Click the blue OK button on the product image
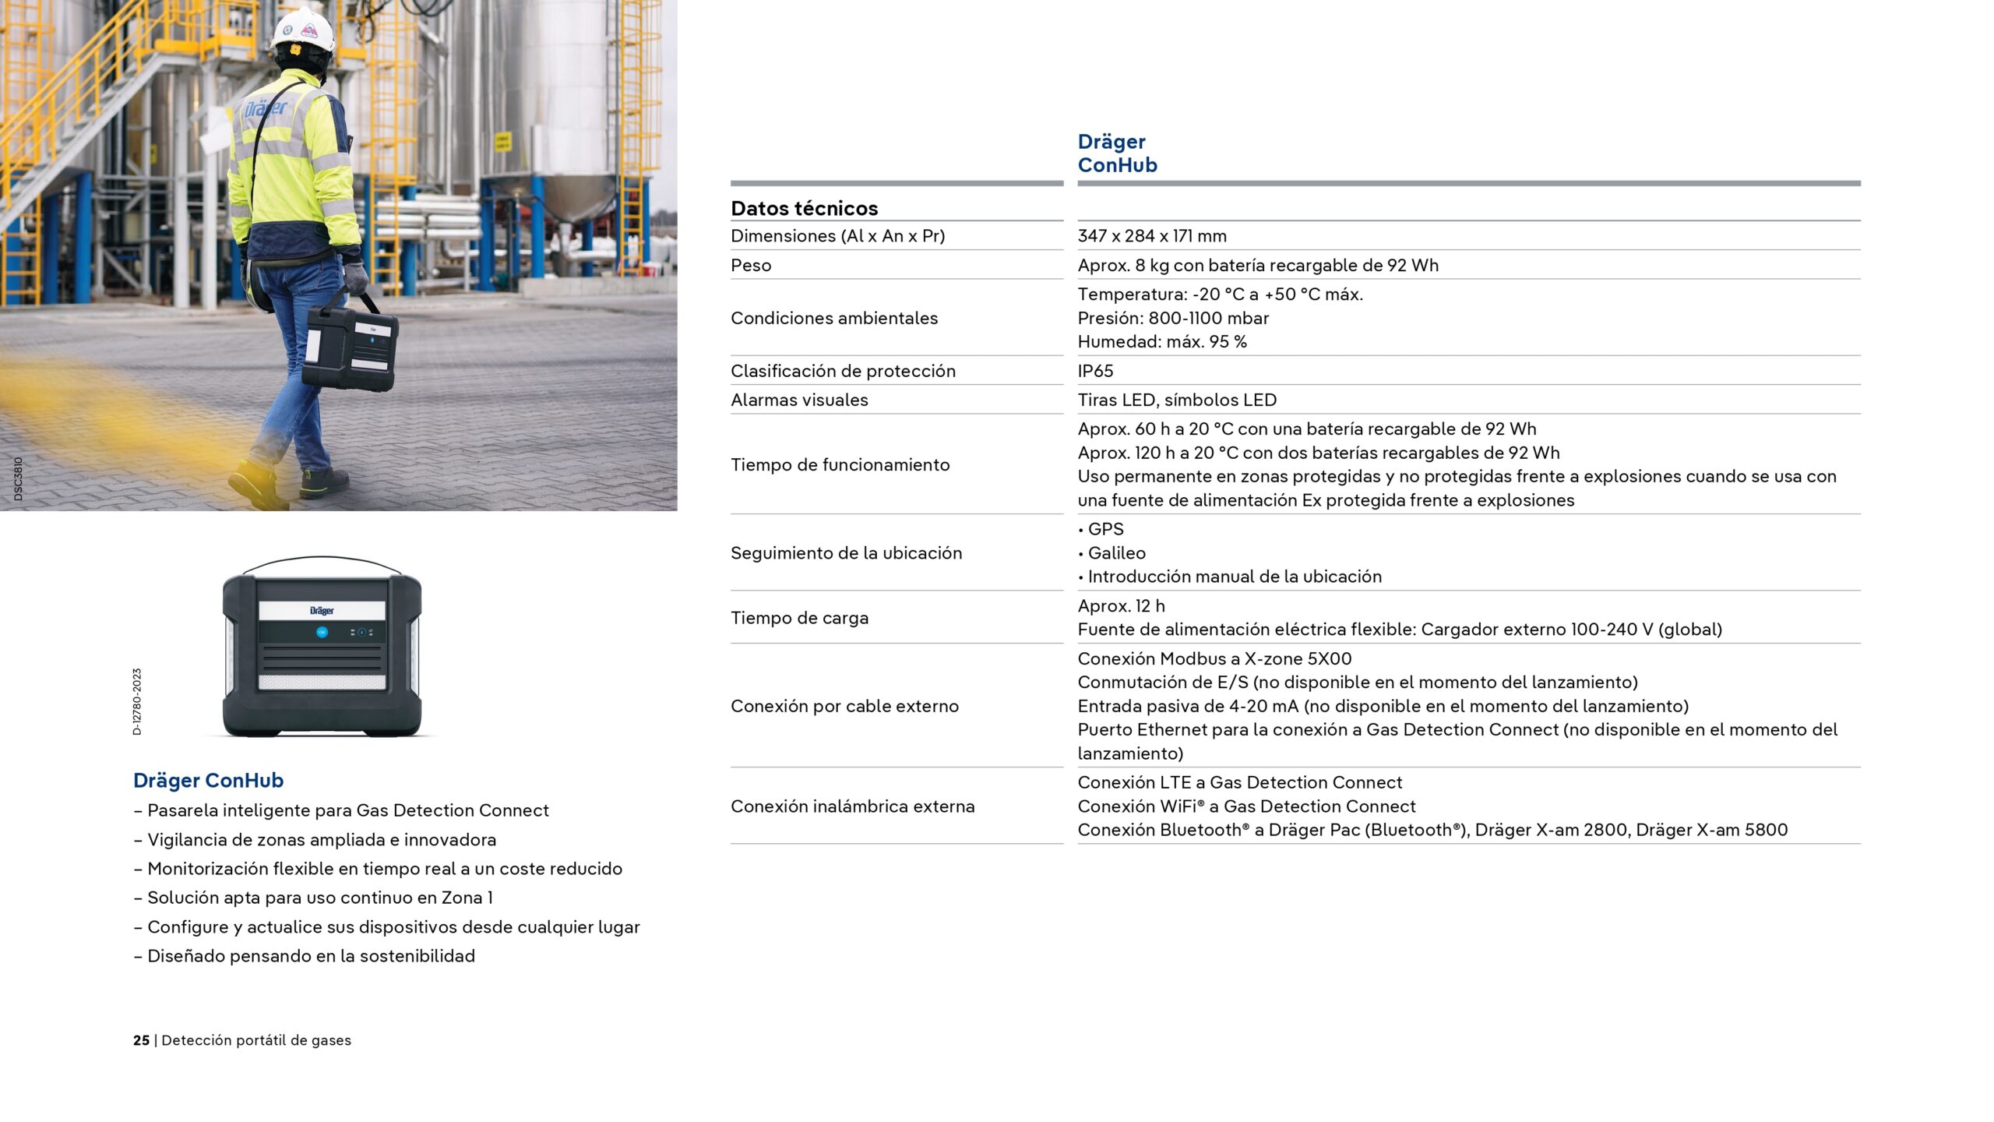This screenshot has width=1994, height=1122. pos(322,632)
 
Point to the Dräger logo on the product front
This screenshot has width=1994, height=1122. pos(322,611)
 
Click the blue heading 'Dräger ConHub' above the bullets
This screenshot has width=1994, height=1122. pos(208,780)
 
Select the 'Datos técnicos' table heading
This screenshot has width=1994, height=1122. pos(804,208)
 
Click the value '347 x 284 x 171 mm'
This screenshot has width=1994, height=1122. pos(1151,236)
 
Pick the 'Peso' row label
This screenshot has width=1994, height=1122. pos(751,266)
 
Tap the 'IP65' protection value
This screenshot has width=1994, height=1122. pos(1095,371)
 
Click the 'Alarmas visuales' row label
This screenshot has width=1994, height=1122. pos(799,400)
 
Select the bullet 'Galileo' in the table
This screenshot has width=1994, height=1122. pos(1116,553)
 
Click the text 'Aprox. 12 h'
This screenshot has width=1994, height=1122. pos(1121,605)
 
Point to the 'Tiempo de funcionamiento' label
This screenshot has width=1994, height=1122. pos(840,465)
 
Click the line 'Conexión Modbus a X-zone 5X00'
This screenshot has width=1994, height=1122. pos(1214,658)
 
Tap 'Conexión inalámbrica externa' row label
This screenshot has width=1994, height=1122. pos(852,806)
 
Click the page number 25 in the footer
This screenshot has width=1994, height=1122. pos(141,1040)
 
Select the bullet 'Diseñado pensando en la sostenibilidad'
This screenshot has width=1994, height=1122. pos(311,956)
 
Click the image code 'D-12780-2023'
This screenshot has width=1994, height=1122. pos(137,701)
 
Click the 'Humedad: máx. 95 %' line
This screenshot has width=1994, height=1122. pos(1161,341)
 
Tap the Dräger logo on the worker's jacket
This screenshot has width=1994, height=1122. pos(265,108)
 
